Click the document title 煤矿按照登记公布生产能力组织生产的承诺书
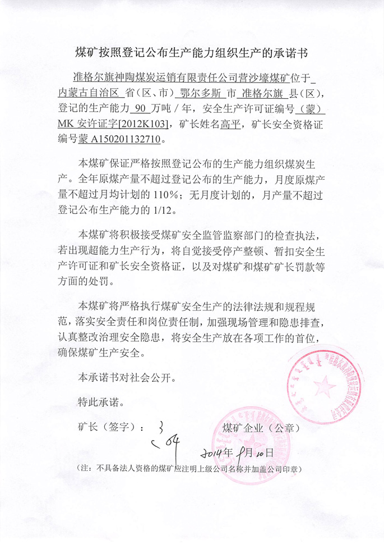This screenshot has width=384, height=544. pyautogui.click(x=192, y=53)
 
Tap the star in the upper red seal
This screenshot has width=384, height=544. pyautogui.click(x=323, y=386)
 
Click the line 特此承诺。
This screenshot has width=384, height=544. pyautogui.click(x=101, y=403)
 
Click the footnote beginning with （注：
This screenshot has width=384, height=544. pyautogui.click(x=189, y=468)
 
